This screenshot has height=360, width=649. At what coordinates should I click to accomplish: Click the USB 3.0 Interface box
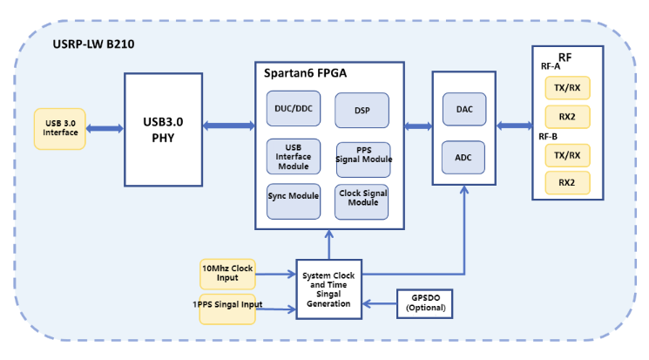pos(59,128)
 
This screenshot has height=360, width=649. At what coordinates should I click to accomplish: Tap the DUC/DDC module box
pos(292,108)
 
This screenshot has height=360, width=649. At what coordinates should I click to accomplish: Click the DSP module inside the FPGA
pos(362,111)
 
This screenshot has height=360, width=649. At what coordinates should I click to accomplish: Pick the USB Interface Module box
pos(292,156)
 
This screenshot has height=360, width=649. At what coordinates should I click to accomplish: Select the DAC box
pos(464,109)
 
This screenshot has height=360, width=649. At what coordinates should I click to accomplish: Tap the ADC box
pos(464,158)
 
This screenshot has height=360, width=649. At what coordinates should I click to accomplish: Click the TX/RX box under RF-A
pos(566,88)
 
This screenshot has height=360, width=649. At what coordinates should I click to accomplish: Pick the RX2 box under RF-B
pos(566,182)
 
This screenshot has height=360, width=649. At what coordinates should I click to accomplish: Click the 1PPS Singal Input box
pos(226,306)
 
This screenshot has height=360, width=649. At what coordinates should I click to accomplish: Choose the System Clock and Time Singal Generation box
pos(328,289)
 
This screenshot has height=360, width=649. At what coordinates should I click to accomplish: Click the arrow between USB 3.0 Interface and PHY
pos(105,128)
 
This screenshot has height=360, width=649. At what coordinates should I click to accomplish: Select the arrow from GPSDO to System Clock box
pos(379,302)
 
